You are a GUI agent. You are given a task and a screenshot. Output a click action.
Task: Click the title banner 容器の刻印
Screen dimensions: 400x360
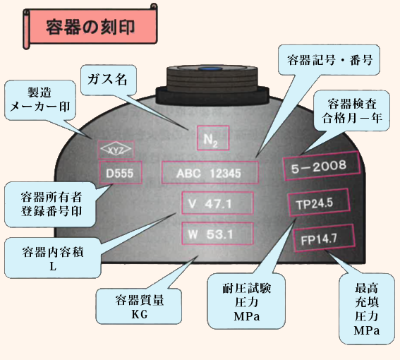[90, 26]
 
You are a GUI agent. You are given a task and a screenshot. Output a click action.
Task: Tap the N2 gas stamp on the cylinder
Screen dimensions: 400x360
[213, 138]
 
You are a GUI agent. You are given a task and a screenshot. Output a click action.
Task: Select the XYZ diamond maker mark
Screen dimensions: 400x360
[116, 150]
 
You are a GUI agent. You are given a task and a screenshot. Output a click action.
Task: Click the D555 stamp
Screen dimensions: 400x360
[120, 173]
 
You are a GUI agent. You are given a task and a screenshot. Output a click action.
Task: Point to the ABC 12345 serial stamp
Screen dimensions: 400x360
[210, 173]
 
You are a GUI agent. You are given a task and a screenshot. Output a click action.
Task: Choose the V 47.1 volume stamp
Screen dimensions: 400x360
[217, 203]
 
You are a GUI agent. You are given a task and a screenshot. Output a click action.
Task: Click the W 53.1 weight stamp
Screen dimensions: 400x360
[217, 234]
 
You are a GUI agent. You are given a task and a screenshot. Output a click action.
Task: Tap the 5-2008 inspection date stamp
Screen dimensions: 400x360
[322, 166]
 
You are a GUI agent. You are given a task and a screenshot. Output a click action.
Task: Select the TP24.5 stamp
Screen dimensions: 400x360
[318, 203]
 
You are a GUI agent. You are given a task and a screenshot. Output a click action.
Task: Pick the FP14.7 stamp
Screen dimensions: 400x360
[324, 238]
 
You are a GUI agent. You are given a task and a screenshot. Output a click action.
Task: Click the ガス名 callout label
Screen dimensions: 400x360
[108, 80]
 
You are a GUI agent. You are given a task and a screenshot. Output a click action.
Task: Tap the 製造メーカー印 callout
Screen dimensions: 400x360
[40, 100]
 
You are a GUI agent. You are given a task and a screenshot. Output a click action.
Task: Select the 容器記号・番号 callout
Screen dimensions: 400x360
[329, 60]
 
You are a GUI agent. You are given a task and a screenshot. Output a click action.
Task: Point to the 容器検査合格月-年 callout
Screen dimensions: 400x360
[352, 111]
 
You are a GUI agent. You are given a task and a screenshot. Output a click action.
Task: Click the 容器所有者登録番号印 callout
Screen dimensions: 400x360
[51, 204]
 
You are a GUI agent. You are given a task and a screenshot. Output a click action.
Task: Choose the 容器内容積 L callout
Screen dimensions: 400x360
[52, 258]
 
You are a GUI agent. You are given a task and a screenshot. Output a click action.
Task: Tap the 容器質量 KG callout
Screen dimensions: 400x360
[139, 306]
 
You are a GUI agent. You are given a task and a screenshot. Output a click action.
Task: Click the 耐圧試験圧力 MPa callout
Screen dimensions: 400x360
[246, 301]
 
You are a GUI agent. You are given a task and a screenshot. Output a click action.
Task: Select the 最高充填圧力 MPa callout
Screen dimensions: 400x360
[367, 308]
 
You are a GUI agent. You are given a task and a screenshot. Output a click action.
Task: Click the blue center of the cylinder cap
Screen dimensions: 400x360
[211, 68]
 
